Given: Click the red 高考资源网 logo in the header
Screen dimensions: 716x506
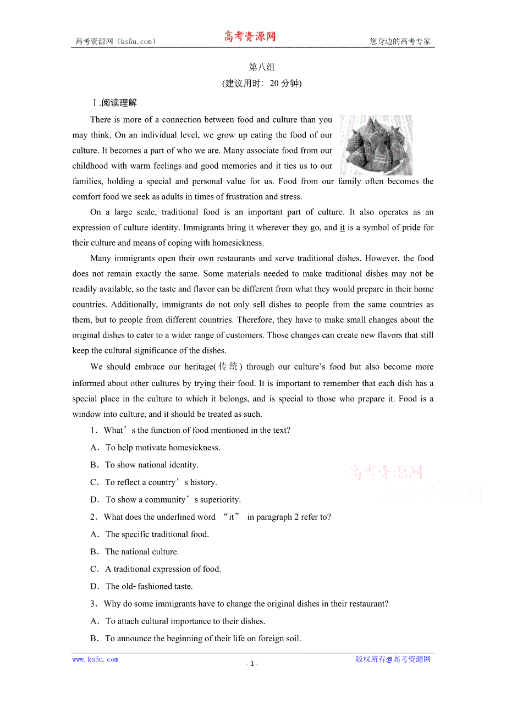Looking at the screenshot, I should (x=250, y=37).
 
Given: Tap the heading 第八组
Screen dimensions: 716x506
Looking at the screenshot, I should (x=262, y=67).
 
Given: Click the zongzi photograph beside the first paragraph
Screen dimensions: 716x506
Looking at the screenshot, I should (x=376, y=145).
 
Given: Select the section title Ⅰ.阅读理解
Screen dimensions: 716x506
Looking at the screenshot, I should (x=114, y=102).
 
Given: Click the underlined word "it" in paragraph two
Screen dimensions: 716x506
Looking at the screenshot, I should (x=342, y=227).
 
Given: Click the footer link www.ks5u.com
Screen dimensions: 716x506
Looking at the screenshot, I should (x=95, y=659).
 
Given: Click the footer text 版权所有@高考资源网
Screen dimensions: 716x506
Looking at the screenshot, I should (x=393, y=659).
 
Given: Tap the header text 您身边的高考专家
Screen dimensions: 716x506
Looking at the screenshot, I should (x=400, y=41).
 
